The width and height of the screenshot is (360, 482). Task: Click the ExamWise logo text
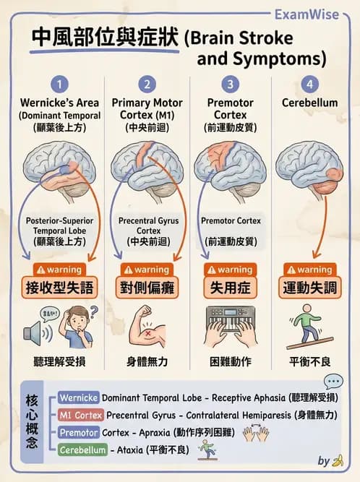point(316,14)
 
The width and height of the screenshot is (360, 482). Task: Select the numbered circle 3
point(230,85)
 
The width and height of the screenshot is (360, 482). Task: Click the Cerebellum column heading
point(310,103)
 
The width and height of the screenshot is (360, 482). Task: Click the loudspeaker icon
point(38,332)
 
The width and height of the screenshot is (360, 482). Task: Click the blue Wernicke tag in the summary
point(78,397)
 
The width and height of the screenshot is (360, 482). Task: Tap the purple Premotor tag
point(80,433)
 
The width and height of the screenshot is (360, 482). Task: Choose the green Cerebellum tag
point(85,450)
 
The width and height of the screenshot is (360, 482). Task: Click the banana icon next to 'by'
point(337,461)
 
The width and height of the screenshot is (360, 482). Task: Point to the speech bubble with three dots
point(333,382)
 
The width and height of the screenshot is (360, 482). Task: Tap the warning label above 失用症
point(230,270)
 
